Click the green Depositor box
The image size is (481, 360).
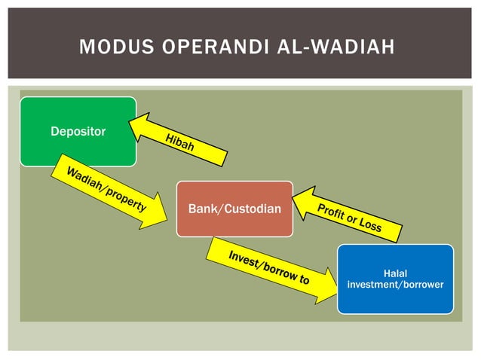pos(78,131)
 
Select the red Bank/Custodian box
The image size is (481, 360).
pos(234,209)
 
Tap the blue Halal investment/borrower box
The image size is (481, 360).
pos(395,279)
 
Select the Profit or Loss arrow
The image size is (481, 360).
pos(347,217)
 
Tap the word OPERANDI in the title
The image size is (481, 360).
pos(203,49)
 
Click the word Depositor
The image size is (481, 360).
pos(78,132)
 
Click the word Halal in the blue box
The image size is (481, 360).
pos(395,273)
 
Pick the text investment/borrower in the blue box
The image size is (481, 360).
pos(395,285)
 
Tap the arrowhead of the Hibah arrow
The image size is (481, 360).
pos(140,124)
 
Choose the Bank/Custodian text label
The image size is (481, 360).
pos(234,209)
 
